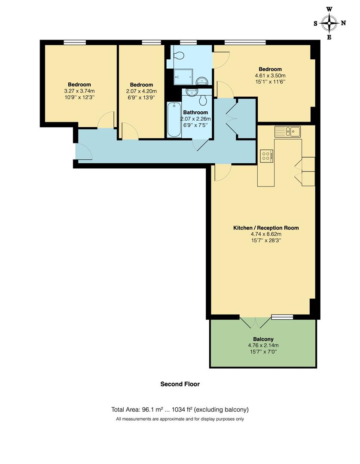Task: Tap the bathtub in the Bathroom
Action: [x=174, y=120]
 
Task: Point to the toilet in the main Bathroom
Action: [x=204, y=100]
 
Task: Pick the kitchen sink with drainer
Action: [x=288, y=131]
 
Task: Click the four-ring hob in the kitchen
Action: [x=266, y=156]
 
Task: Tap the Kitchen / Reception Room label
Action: [x=265, y=228]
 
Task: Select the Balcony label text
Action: [x=263, y=339]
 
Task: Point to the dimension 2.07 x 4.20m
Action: [x=141, y=91]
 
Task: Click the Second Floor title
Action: [x=180, y=384]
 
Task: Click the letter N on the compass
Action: [x=343, y=23]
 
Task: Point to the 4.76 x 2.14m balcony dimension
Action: [x=263, y=345]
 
